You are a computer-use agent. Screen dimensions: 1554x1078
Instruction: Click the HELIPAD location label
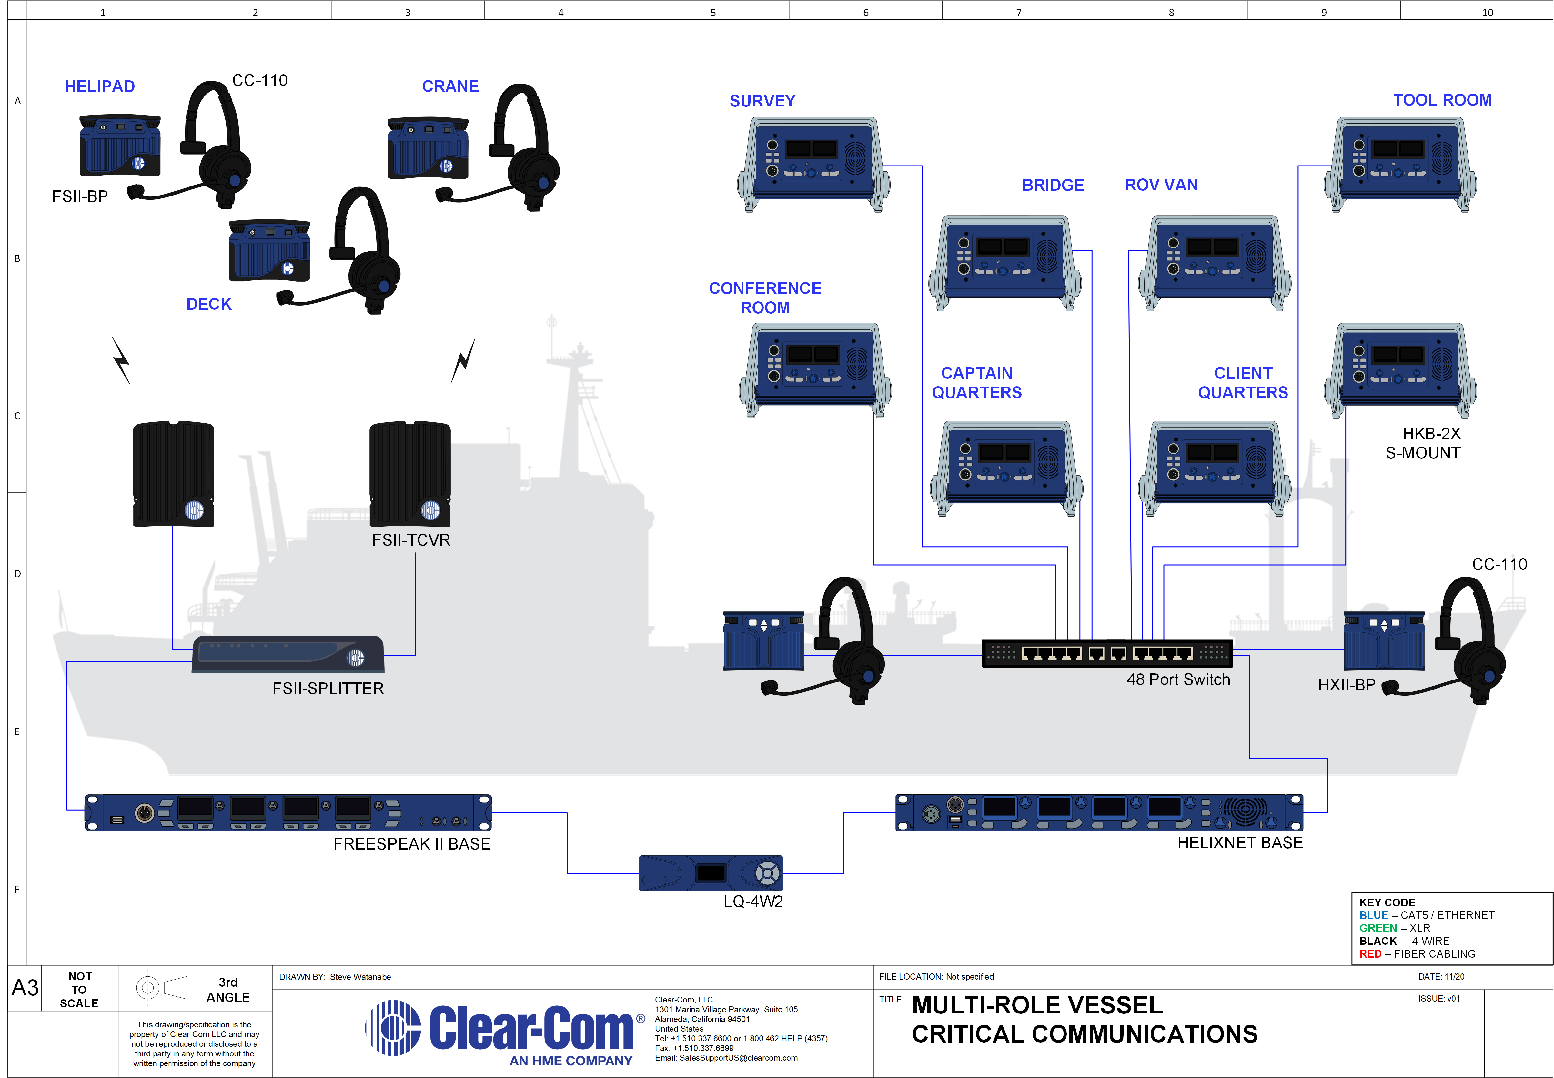[100, 86]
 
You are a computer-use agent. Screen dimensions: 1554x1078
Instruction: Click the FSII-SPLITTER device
[288, 654]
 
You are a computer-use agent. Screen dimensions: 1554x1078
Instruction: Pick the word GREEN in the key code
[1378, 928]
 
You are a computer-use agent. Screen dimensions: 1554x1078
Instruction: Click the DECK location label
[209, 304]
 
